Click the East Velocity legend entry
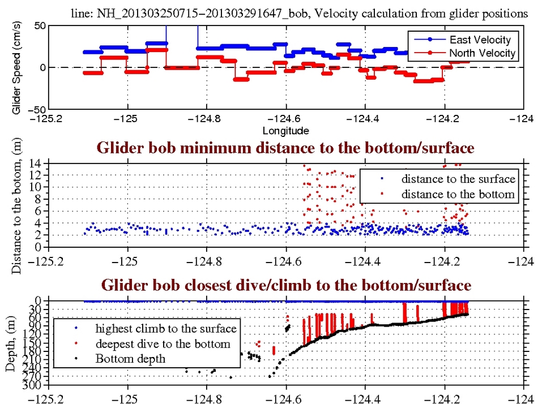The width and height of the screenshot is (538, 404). click(480, 40)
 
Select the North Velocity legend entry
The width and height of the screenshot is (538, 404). click(482, 53)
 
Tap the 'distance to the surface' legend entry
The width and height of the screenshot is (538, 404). click(458, 179)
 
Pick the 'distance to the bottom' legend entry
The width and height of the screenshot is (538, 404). click(458, 194)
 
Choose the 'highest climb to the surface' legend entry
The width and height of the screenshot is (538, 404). click(165, 328)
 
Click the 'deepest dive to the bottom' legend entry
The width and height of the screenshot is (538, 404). click(163, 343)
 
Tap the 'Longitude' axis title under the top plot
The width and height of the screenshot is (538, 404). click(285, 131)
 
